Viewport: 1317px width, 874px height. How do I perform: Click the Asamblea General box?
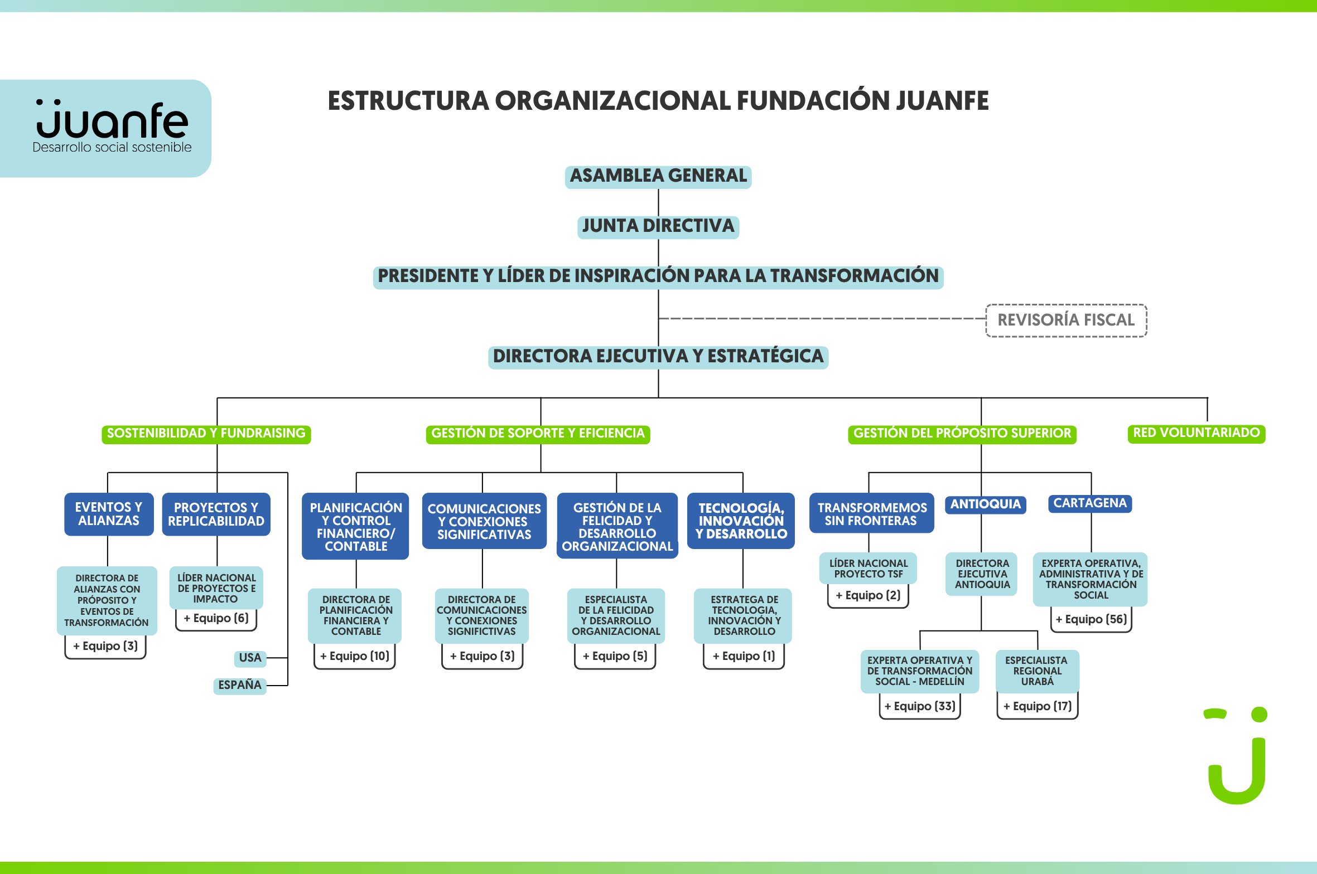coord(658,177)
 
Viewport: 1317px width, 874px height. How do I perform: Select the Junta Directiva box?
coord(658,227)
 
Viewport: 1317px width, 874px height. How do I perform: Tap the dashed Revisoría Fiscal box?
coord(1067,321)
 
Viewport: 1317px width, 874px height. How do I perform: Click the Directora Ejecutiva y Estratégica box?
coord(658,357)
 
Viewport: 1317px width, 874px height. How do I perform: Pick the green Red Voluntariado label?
coord(1197,434)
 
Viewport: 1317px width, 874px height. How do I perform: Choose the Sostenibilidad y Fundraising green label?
coord(206,434)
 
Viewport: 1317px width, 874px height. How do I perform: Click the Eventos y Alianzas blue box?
coord(109,514)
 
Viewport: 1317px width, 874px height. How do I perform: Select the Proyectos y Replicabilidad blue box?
coord(216,514)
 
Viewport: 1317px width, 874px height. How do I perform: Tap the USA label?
coord(250,658)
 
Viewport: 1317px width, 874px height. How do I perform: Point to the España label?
coord(240,686)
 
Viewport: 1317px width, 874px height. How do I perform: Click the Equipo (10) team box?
coord(355,656)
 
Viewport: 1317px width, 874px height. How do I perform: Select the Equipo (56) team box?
coord(1091,619)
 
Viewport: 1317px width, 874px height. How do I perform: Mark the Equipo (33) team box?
coord(920,706)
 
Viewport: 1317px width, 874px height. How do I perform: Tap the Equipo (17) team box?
coord(1038,706)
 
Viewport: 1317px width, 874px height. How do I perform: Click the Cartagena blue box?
coord(1090,503)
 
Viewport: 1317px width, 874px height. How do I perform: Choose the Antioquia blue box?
coord(986,504)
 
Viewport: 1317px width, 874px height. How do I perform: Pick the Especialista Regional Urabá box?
coord(1038,671)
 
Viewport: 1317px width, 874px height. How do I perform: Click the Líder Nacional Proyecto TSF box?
coord(869,569)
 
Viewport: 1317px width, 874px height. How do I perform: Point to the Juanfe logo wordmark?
coord(112,119)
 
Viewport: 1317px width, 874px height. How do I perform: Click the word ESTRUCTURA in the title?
coord(408,101)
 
